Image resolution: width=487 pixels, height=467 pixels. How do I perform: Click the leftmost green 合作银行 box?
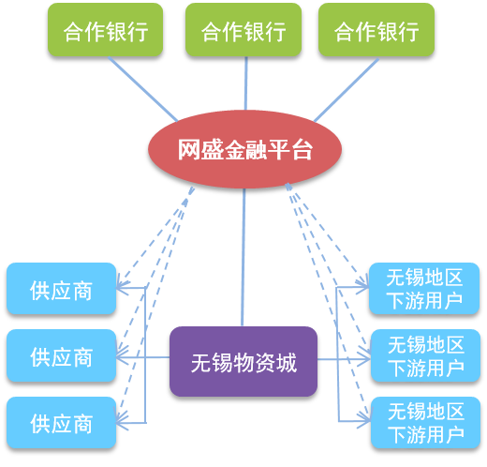[105, 30]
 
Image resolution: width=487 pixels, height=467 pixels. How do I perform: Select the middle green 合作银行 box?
[243, 30]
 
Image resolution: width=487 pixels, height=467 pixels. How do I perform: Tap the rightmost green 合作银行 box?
[376, 30]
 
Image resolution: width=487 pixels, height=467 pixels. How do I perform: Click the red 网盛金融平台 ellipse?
[244, 149]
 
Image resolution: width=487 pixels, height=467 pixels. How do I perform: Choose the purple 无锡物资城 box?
[243, 362]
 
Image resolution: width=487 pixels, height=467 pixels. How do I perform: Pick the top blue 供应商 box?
[62, 289]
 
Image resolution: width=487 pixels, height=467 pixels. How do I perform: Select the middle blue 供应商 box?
[62, 355]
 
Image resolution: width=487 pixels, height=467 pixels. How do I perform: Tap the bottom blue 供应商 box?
[62, 423]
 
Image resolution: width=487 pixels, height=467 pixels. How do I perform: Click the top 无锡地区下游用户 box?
[424, 289]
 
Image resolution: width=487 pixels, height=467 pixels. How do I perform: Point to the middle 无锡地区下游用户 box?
[425, 355]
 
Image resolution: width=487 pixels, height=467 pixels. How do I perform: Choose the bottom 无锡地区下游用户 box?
[425, 423]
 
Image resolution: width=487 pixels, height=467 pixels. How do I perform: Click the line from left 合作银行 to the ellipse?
[143, 89]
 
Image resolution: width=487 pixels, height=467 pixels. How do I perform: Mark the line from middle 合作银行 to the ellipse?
[246, 83]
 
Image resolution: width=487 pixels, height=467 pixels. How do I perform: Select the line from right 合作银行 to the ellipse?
[347, 90]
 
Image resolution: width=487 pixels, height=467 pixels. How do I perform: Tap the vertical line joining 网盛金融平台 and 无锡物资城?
[243, 258]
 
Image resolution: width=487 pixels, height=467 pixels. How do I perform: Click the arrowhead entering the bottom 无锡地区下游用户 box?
[364, 421]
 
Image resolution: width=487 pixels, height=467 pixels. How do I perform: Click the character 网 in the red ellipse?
[189, 150]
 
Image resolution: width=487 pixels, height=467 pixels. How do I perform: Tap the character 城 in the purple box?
[287, 363]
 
